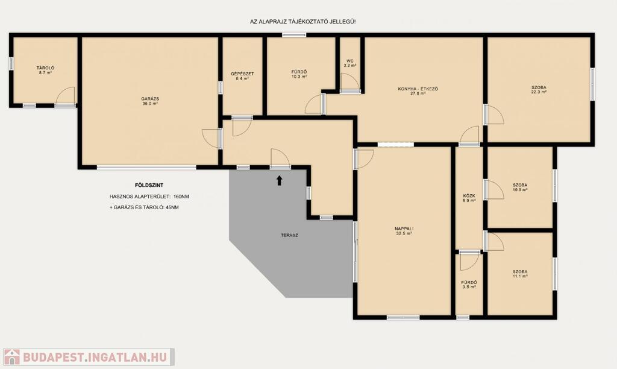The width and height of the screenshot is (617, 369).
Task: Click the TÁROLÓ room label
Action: pos(45,70)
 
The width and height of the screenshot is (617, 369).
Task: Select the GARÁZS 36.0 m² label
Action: pos(150,101)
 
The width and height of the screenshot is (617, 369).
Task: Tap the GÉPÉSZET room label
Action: pos(242,76)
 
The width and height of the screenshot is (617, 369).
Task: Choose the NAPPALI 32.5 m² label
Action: pos(404,231)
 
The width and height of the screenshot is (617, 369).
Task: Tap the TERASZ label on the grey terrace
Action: pos(289,235)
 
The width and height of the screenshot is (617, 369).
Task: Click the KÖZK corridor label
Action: pos(469,198)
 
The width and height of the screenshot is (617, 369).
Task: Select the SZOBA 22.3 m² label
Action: pos(539,89)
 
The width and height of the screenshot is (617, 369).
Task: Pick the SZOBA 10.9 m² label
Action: pos(520,187)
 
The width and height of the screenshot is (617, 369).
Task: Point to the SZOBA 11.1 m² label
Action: pos(520,274)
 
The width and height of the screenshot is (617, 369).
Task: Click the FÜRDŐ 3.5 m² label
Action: pos(469,285)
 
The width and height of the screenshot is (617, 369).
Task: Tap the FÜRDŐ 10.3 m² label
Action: pos(299,74)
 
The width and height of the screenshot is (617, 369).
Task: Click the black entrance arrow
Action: pos(280,180)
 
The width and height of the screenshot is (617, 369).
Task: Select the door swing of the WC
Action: pos(350,82)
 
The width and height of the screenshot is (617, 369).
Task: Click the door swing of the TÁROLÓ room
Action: pos(65,96)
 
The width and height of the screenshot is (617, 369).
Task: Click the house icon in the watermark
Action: pos(12,357)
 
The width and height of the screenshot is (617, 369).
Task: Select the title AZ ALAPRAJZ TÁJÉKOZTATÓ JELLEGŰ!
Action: pos(302,22)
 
